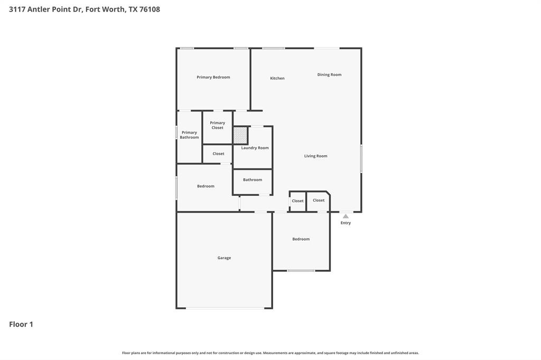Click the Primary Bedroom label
pos(213,77)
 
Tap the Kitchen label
pos(277,78)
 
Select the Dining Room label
pos(329,74)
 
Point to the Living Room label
pos(316,156)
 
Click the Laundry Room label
pos(255,148)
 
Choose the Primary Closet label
pos(217,125)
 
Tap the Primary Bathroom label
pos(189,135)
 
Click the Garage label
pos(224,258)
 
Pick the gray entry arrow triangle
pos(346,216)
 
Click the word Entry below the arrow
pos(346,223)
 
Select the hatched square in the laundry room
pos(240,136)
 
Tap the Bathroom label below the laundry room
pos(252,179)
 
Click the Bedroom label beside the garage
pos(301,239)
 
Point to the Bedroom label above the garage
pos(206,186)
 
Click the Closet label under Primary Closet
pos(218,154)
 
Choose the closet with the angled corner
pos(319,201)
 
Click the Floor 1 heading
pos(21,324)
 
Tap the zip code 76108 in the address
pos(150,10)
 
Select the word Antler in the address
pos(38,10)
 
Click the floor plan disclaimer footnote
pos(270,353)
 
